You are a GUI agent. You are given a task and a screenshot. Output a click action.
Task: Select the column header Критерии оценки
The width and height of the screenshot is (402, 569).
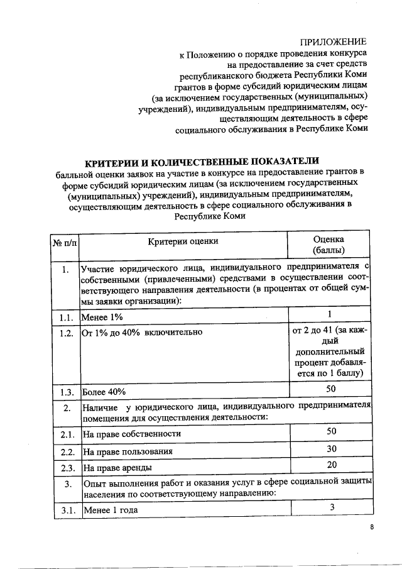coord(183,241)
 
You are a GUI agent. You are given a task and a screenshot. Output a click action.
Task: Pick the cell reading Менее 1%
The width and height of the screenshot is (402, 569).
coord(102,317)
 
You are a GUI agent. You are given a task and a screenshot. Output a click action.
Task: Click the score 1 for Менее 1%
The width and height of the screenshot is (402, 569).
coord(329,314)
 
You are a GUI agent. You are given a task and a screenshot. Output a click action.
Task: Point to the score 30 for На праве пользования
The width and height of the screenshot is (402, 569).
coord(329,448)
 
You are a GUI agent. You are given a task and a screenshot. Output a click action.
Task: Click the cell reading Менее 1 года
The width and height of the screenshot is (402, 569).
coord(111,510)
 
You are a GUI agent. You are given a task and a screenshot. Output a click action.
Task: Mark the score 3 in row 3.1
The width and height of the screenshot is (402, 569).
coord(329,507)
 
